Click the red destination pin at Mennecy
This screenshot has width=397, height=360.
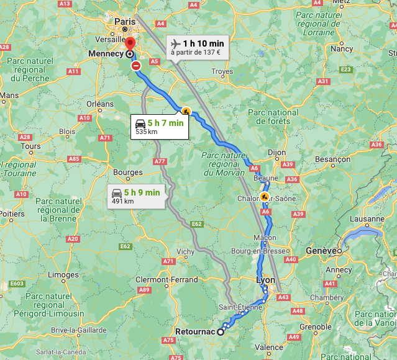pos(130,44)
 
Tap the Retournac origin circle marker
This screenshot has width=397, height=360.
pos(220,331)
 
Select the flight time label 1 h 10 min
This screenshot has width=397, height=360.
pos(203,43)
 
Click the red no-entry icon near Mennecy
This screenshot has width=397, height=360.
pos(136,65)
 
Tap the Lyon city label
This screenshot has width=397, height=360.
pos(265,281)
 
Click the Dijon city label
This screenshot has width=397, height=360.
pos(276,152)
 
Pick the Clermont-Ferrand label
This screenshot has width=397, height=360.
pos(167,280)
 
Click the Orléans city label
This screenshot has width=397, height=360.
pos(99,104)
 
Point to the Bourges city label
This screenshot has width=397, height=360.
pos(129,173)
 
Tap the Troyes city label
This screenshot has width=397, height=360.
pos(222,71)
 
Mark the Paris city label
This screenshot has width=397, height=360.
pos(124,21)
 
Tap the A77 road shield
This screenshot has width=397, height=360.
pos(160,161)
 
